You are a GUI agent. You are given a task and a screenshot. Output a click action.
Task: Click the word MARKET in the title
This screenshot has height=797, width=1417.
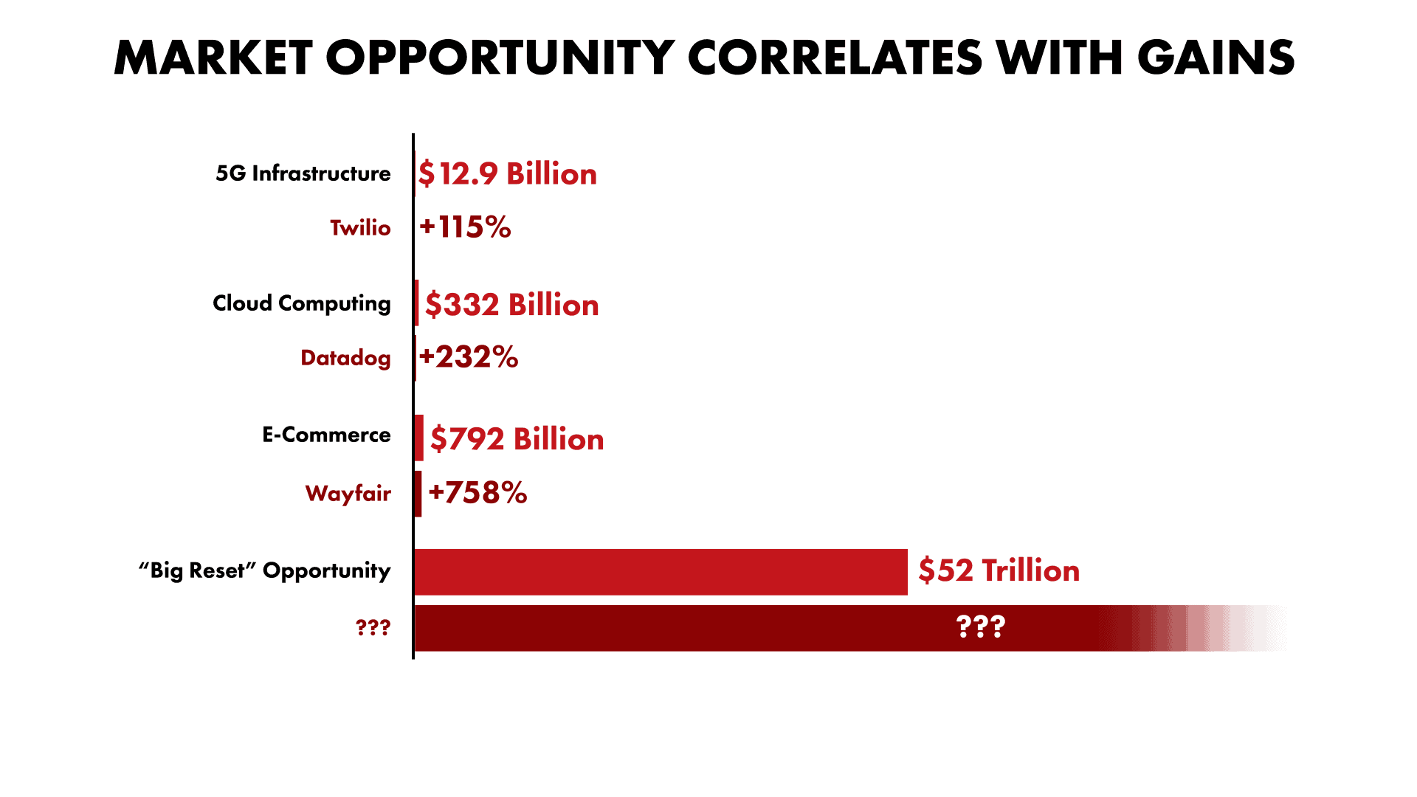pyautogui.click(x=213, y=58)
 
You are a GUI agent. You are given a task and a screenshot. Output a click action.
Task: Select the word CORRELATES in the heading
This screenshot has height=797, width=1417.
pyautogui.click(x=835, y=58)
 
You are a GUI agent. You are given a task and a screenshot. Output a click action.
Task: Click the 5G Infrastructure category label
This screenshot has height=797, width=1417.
pyautogui.click(x=303, y=173)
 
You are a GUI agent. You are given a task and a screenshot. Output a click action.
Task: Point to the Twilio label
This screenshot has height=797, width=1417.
pyautogui.click(x=360, y=228)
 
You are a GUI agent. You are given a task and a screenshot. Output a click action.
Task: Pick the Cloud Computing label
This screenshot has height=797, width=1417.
pyautogui.click(x=301, y=303)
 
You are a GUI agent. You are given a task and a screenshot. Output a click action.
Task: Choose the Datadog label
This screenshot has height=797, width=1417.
pyautogui.click(x=345, y=358)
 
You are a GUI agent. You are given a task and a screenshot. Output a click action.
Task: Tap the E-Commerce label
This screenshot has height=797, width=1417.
pyautogui.click(x=326, y=435)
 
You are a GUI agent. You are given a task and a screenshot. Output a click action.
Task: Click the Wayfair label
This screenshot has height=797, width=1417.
pyautogui.click(x=348, y=493)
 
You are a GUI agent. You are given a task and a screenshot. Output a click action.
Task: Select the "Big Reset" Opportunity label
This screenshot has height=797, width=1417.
pyautogui.click(x=264, y=570)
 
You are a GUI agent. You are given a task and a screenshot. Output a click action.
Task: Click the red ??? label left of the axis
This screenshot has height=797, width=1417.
pyautogui.click(x=373, y=628)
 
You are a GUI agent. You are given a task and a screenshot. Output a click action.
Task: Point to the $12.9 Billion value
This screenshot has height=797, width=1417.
pyautogui.click(x=508, y=174)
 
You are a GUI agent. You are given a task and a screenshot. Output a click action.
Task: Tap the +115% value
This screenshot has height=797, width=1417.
pyautogui.click(x=465, y=227)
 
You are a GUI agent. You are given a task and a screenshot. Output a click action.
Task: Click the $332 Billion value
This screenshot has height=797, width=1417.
pyautogui.click(x=512, y=305)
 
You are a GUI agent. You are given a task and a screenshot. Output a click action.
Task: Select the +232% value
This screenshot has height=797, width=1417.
pyautogui.click(x=469, y=357)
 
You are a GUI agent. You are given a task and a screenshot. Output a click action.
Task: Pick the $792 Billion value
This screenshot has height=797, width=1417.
pyautogui.click(x=517, y=439)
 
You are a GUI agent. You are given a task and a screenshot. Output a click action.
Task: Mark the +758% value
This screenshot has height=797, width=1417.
pyautogui.click(x=477, y=493)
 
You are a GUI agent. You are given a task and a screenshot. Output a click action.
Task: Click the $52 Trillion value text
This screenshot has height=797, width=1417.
pyautogui.click(x=999, y=571)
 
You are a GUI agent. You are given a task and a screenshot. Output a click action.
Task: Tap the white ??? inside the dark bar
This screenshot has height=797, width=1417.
pyautogui.click(x=980, y=627)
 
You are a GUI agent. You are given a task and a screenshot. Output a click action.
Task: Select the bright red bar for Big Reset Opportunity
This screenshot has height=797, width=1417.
pyautogui.click(x=661, y=572)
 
